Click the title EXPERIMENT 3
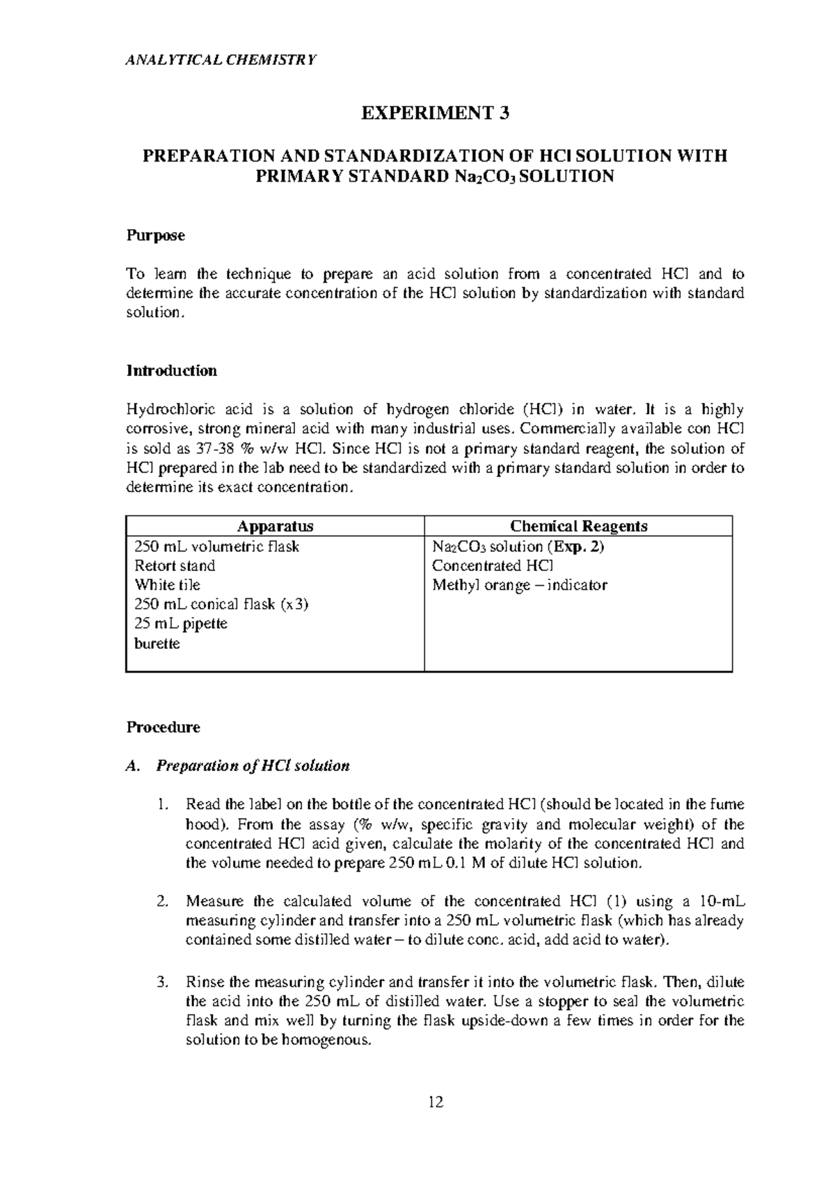pyautogui.click(x=435, y=114)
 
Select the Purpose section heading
pyautogui.click(x=155, y=235)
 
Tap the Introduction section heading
pyautogui.click(x=171, y=370)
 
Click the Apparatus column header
pyautogui.click(x=275, y=526)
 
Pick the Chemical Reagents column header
pyautogui.click(x=578, y=526)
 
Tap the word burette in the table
pyautogui.click(x=157, y=643)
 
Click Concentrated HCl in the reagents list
pyautogui.click(x=493, y=565)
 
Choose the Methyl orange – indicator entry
pyautogui.click(x=519, y=585)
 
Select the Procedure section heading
pyautogui.click(x=163, y=727)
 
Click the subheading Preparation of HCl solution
pyautogui.click(x=253, y=766)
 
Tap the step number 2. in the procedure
pyautogui.click(x=162, y=902)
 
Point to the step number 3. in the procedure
pyautogui.click(x=162, y=983)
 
